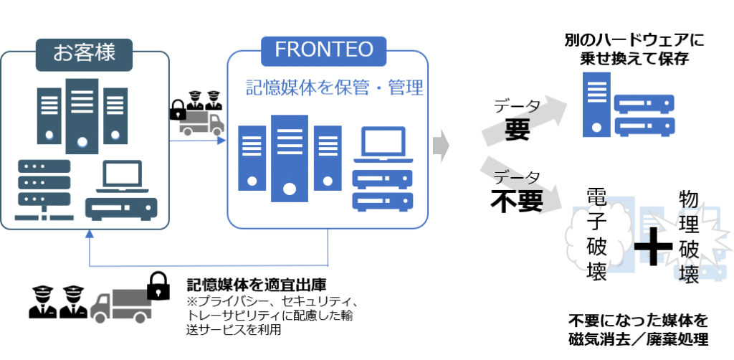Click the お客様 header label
[x=85, y=54]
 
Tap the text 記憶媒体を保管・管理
[x=335, y=88]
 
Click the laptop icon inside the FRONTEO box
[x=383, y=144]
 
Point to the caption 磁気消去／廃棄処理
[x=639, y=338]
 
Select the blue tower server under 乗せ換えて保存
[x=596, y=105]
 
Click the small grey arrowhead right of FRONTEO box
[x=441, y=147]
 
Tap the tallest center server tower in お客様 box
[x=82, y=116]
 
